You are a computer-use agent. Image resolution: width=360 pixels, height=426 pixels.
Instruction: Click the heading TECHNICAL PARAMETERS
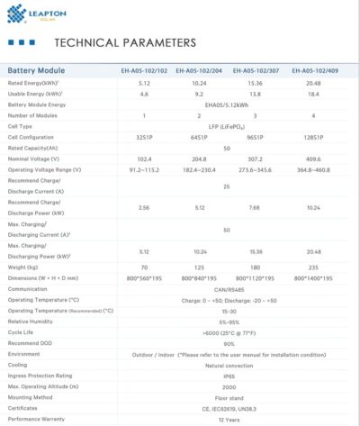tap(125, 42)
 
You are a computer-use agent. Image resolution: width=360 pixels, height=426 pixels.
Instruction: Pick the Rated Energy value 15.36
tap(255, 82)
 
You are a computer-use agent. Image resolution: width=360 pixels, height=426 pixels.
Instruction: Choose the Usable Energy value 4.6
tap(144, 94)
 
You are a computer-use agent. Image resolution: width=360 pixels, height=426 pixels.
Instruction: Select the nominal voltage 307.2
tap(255, 159)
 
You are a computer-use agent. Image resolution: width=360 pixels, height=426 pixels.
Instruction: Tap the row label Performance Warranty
tap(39, 419)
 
